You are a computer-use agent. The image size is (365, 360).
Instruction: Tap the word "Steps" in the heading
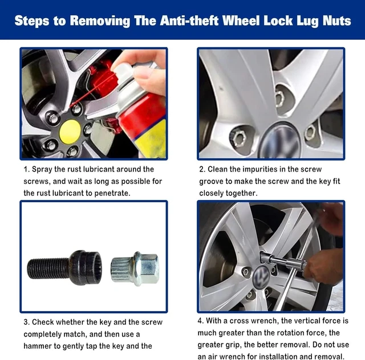tap(34, 21)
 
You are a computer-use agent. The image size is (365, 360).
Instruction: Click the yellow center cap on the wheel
tap(70, 132)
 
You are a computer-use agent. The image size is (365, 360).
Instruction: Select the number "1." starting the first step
tap(26, 170)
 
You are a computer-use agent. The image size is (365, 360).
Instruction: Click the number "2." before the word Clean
tap(202, 170)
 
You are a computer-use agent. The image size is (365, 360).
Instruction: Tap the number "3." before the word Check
tap(27, 322)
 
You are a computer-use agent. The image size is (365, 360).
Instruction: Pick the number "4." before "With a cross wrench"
tap(201, 321)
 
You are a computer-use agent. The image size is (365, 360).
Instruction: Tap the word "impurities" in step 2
tap(272, 170)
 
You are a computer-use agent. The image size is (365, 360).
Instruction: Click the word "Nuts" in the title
tap(334, 21)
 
